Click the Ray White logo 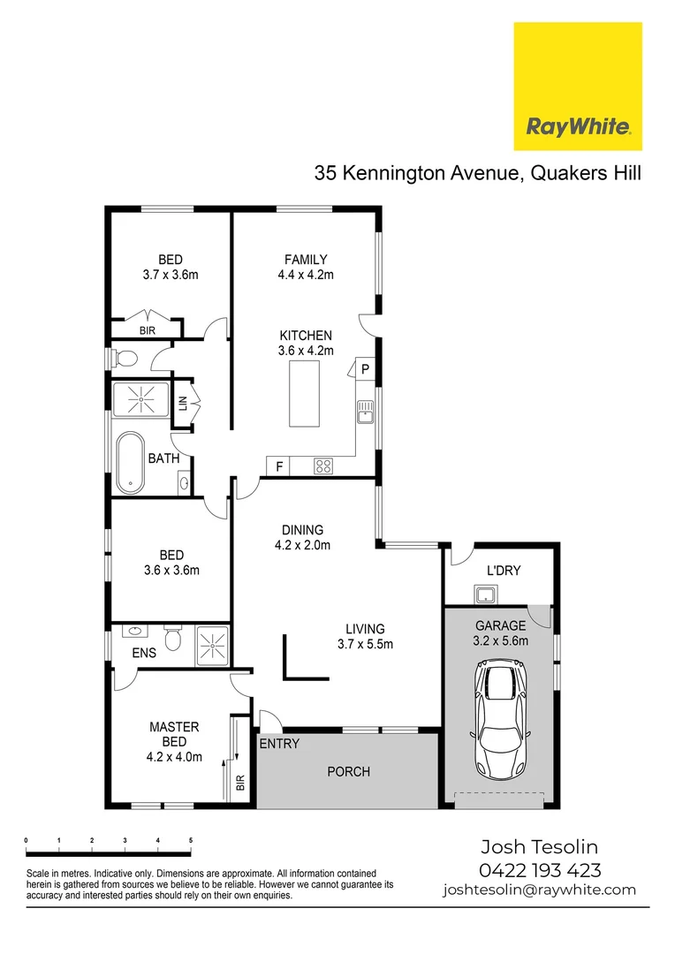[x=578, y=87]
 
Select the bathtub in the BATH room [x=131, y=461]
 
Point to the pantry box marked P [x=364, y=368]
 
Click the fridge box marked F [x=279, y=465]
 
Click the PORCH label [x=348, y=771]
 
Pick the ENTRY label [x=279, y=744]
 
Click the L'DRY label [x=504, y=571]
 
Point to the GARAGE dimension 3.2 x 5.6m [x=501, y=641]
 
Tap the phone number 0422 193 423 [x=540, y=870]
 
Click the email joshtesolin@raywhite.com [x=540, y=890]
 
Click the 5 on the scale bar [x=191, y=840]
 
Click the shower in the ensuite [x=211, y=645]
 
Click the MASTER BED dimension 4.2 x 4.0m [x=174, y=756]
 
